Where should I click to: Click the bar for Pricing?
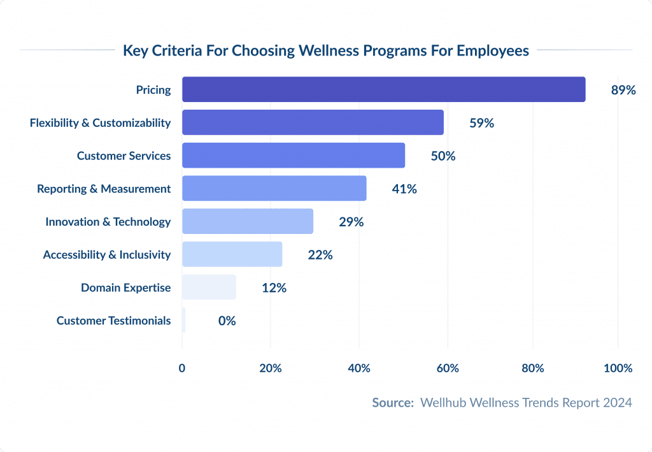(383, 89)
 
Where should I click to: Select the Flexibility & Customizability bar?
(313, 122)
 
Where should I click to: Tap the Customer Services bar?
(293, 156)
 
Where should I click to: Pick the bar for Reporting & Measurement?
(274, 189)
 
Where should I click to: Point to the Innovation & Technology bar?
(248, 221)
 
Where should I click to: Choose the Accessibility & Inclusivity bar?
(232, 254)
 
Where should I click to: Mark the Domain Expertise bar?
(209, 288)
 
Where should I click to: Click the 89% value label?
(623, 90)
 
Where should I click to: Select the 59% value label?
(481, 123)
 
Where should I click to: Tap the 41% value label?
(404, 189)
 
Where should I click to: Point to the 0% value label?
(227, 321)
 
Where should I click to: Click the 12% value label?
(274, 288)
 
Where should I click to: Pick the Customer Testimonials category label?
(113, 321)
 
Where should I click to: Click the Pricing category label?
(153, 90)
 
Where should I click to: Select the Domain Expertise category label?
(125, 288)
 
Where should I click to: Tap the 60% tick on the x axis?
(448, 368)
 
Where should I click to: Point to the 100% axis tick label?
(618, 368)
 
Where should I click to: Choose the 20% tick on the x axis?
(271, 368)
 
